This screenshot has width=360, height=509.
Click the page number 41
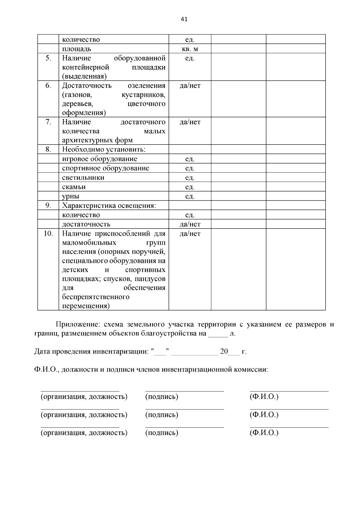pyautogui.click(x=184, y=19)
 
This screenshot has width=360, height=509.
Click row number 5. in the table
pyautogui.click(x=48, y=58)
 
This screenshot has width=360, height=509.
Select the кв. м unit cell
pyautogui.click(x=190, y=49)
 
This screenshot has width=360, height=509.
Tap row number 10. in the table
pyautogui.click(x=48, y=233)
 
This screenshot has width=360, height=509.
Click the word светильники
pyautogui.click(x=83, y=178)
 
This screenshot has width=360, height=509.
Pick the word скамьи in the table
pyautogui.click(x=74, y=187)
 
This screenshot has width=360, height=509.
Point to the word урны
pyautogui.click(x=70, y=196)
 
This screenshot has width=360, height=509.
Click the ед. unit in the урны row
pyautogui.click(x=190, y=196)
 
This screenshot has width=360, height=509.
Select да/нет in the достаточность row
pyautogui.click(x=190, y=224)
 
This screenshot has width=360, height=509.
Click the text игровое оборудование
pyautogui.click(x=100, y=159)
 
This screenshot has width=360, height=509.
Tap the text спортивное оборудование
pyautogui.click(x=106, y=168)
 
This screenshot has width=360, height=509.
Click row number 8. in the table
pyautogui.click(x=48, y=149)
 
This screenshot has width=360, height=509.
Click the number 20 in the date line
pyautogui.click(x=224, y=351)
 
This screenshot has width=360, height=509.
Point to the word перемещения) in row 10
pyautogui.click(x=86, y=306)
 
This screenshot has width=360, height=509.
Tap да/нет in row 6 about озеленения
pyautogui.click(x=190, y=86)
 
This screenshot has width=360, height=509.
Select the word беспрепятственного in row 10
pyautogui.click(x=96, y=297)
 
